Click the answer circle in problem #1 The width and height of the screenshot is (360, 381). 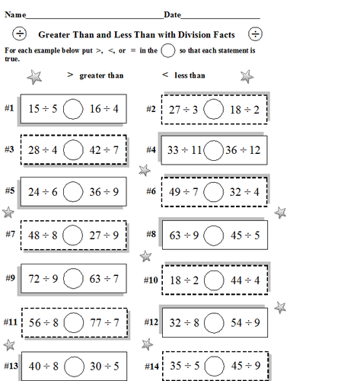(x=73, y=109)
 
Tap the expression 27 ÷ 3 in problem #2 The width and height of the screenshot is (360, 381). (x=184, y=109)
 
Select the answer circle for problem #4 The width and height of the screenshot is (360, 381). (x=214, y=150)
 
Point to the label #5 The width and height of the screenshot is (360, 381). (x=9, y=190)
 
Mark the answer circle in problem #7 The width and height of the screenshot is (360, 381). (x=73, y=235)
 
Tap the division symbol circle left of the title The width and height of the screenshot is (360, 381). (x=21, y=34)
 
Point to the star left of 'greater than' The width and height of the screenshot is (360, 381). (x=34, y=76)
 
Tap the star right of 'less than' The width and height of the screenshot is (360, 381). (x=247, y=75)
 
